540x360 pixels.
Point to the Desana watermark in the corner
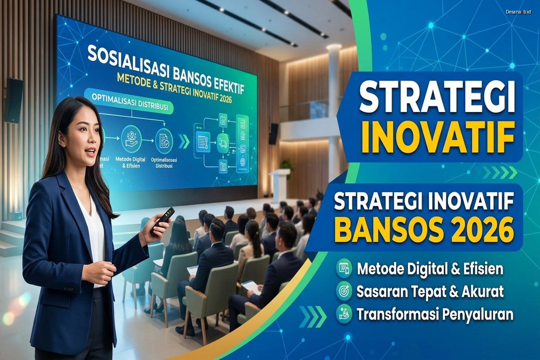tap(518, 11)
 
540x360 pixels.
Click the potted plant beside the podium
tap(286, 165)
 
